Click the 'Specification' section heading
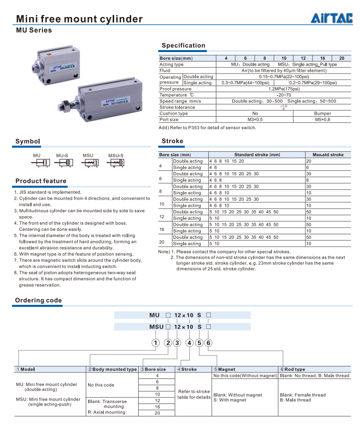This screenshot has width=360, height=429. pos(183,46)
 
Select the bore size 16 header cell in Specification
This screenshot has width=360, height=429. pos(322,59)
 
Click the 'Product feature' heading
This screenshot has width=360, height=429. pos(41,181)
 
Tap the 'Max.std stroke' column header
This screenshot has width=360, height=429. pos(328,155)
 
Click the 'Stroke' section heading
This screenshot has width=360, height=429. pos(172,141)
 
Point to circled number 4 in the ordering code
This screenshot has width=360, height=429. pos(189,343)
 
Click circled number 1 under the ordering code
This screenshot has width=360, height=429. pos(155,343)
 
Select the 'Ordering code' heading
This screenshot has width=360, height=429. pos(39,300)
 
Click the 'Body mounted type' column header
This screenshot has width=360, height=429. pos(112,369)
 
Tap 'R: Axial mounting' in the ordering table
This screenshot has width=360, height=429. pos(106,412)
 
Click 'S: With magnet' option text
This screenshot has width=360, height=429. pos(230,400)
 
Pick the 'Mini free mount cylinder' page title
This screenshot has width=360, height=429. pos(80,20)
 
